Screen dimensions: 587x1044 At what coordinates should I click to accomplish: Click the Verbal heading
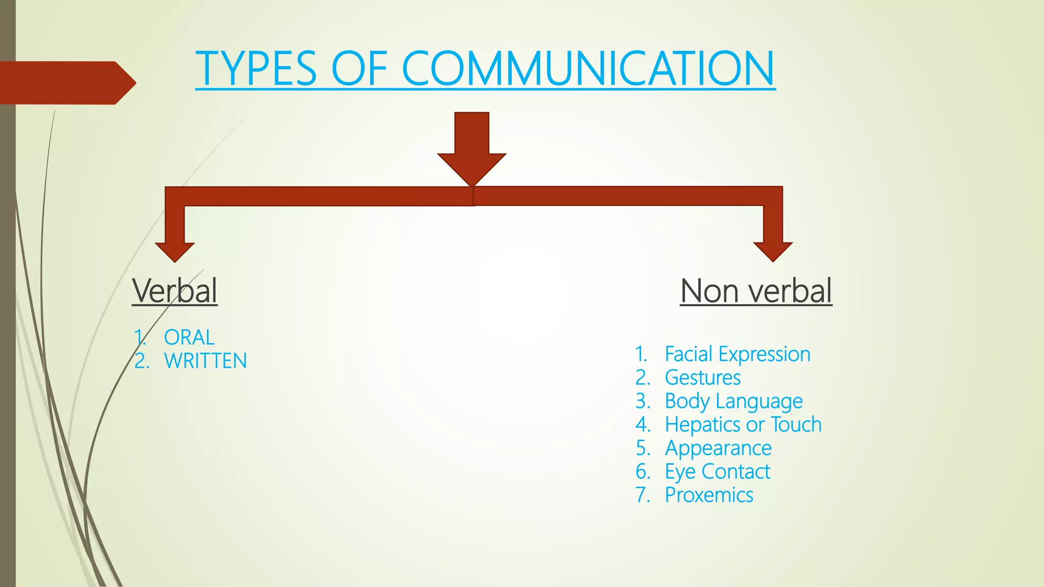click(x=175, y=290)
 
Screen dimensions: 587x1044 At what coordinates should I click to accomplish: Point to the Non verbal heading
click(x=756, y=290)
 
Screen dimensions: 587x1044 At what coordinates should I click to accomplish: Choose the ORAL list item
click(x=189, y=337)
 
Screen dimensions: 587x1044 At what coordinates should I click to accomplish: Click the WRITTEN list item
click(x=205, y=361)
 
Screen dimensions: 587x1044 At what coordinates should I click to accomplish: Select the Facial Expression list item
click(x=737, y=354)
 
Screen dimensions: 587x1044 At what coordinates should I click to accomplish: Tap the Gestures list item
click(x=702, y=378)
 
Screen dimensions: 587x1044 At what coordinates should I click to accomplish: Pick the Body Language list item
click(x=734, y=401)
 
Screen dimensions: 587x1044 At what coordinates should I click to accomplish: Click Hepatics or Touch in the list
click(x=743, y=424)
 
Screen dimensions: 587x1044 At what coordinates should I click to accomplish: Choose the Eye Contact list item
click(x=717, y=472)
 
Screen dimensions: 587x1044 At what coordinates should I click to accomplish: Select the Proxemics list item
click(x=709, y=495)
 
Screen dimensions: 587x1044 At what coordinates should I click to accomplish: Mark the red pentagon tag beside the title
click(x=66, y=83)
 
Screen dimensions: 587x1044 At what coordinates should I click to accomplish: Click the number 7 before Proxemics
click(x=642, y=495)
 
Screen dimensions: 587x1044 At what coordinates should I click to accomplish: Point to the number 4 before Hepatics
click(x=642, y=424)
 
